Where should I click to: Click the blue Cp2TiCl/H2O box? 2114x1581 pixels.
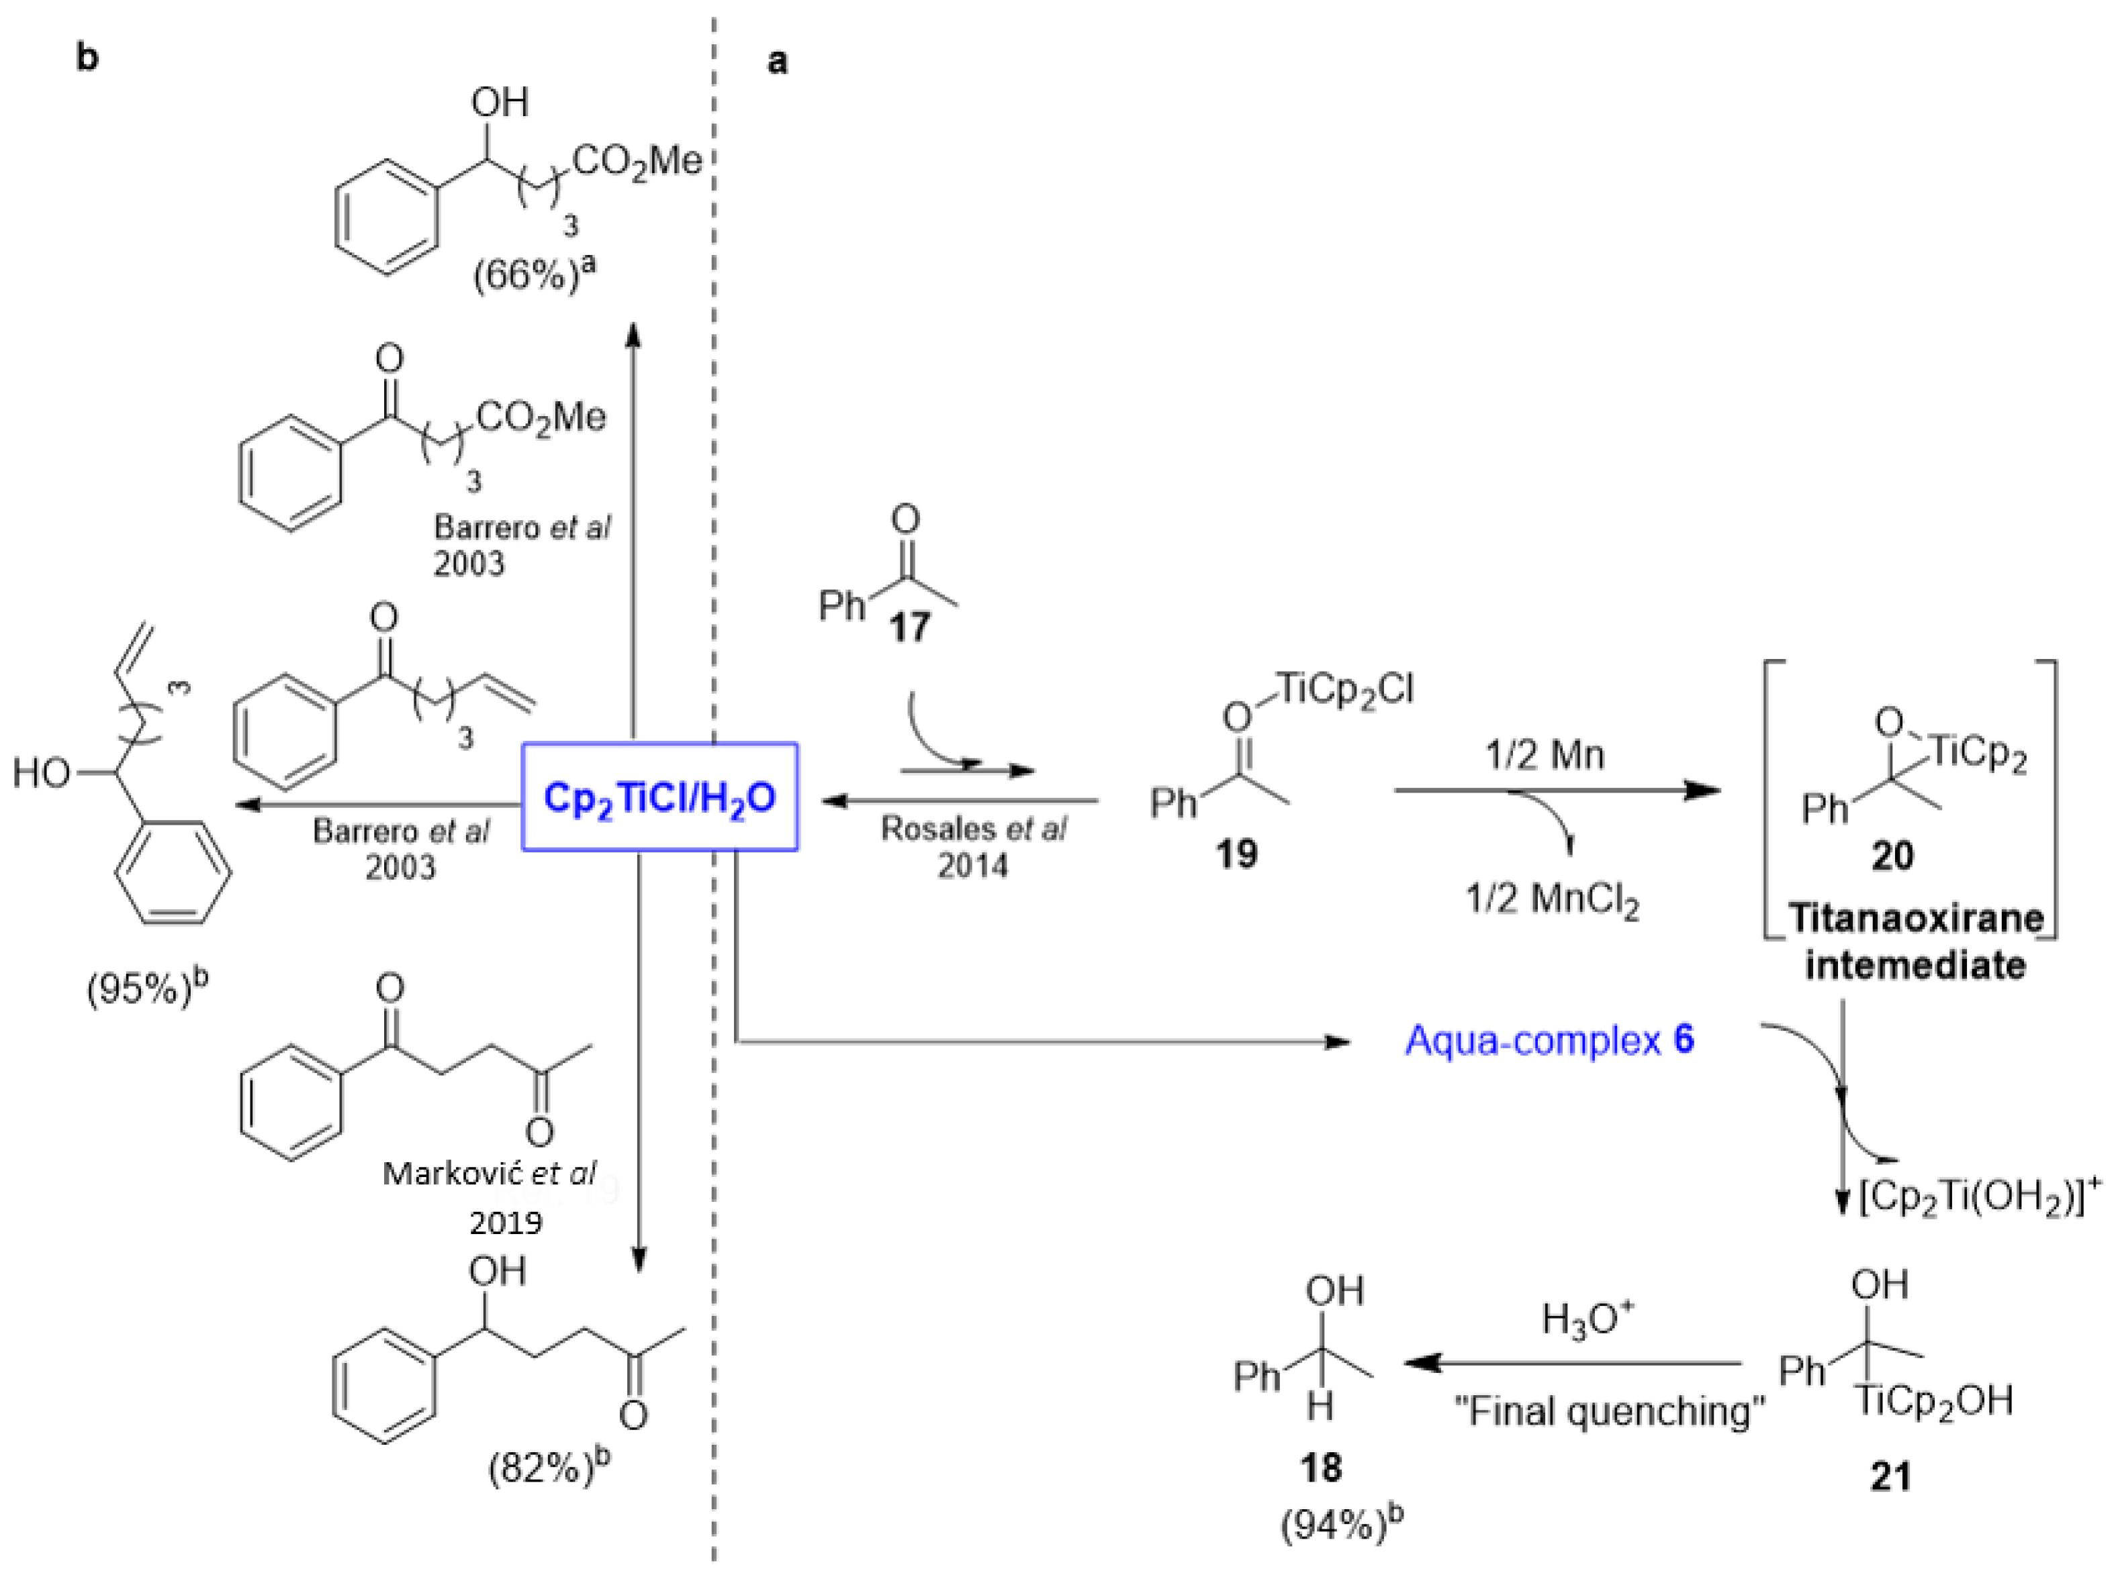click(x=659, y=797)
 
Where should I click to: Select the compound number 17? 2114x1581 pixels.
click(x=909, y=627)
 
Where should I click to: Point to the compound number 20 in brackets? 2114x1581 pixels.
click(x=1892, y=855)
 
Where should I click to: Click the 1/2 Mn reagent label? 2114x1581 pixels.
click(x=1545, y=756)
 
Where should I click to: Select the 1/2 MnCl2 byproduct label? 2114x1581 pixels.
click(x=1552, y=900)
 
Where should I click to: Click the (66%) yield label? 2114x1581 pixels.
click(x=535, y=277)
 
